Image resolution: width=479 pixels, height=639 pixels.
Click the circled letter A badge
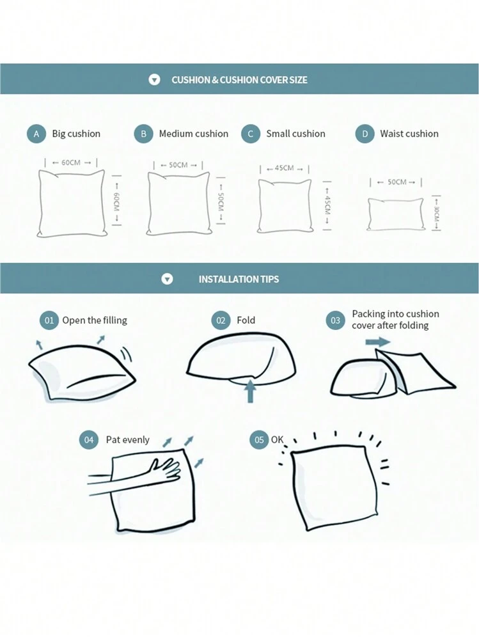point(36,134)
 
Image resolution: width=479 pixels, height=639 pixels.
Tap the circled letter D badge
point(365,134)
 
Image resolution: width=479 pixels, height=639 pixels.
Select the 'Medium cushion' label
point(194,134)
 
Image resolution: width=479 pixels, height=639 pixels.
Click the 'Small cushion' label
point(295,134)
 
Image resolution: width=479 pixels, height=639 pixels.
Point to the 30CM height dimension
point(436,214)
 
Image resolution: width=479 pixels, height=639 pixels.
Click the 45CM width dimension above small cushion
point(285,168)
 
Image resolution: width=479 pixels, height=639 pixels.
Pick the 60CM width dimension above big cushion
point(71,162)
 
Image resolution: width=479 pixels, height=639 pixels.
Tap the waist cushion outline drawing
point(395,215)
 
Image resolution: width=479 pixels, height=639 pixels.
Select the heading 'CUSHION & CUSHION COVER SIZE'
point(239,80)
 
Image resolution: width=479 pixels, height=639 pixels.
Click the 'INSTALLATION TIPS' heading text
point(239,279)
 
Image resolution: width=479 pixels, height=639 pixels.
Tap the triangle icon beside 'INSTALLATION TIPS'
point(168,279)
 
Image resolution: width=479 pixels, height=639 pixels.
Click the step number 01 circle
point(49,320)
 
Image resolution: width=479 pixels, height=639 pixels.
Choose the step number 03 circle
point(335,320)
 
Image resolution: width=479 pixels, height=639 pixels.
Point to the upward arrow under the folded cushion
point(251,390)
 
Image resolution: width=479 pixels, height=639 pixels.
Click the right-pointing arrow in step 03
point(378,342)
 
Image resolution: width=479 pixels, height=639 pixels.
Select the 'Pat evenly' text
point(127,439)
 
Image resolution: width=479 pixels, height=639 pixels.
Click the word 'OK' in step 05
point(277,439)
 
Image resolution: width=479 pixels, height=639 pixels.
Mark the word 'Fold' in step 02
point(246,320)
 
